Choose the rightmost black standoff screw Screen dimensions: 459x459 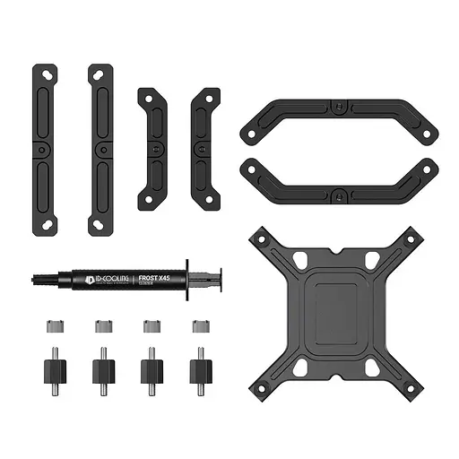pyautogui.click(x=197, y=369)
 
